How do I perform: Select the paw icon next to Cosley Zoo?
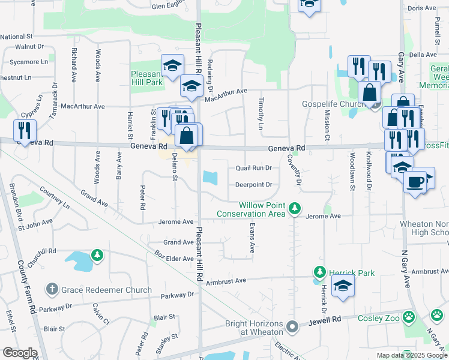[x=409, y=316]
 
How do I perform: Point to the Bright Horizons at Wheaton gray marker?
[x=292, y=327]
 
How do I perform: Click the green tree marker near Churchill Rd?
[x=97, y=256]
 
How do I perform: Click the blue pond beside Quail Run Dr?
[x=210, y=178]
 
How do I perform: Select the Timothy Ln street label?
[x=261, y=113]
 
